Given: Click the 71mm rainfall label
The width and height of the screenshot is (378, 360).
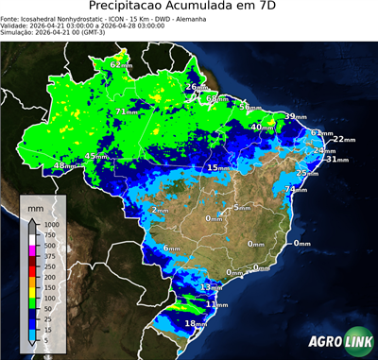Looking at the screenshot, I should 126,112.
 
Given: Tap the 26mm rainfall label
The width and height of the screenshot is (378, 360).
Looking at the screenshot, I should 196,88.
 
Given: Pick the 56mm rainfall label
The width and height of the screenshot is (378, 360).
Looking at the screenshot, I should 248,108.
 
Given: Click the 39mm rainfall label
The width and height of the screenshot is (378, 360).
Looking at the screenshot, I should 295,116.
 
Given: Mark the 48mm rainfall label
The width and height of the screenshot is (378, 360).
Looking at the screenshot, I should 64,166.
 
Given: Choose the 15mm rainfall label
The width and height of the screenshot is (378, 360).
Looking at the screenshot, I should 217,168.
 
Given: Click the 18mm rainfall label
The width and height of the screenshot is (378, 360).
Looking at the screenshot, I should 195,324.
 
